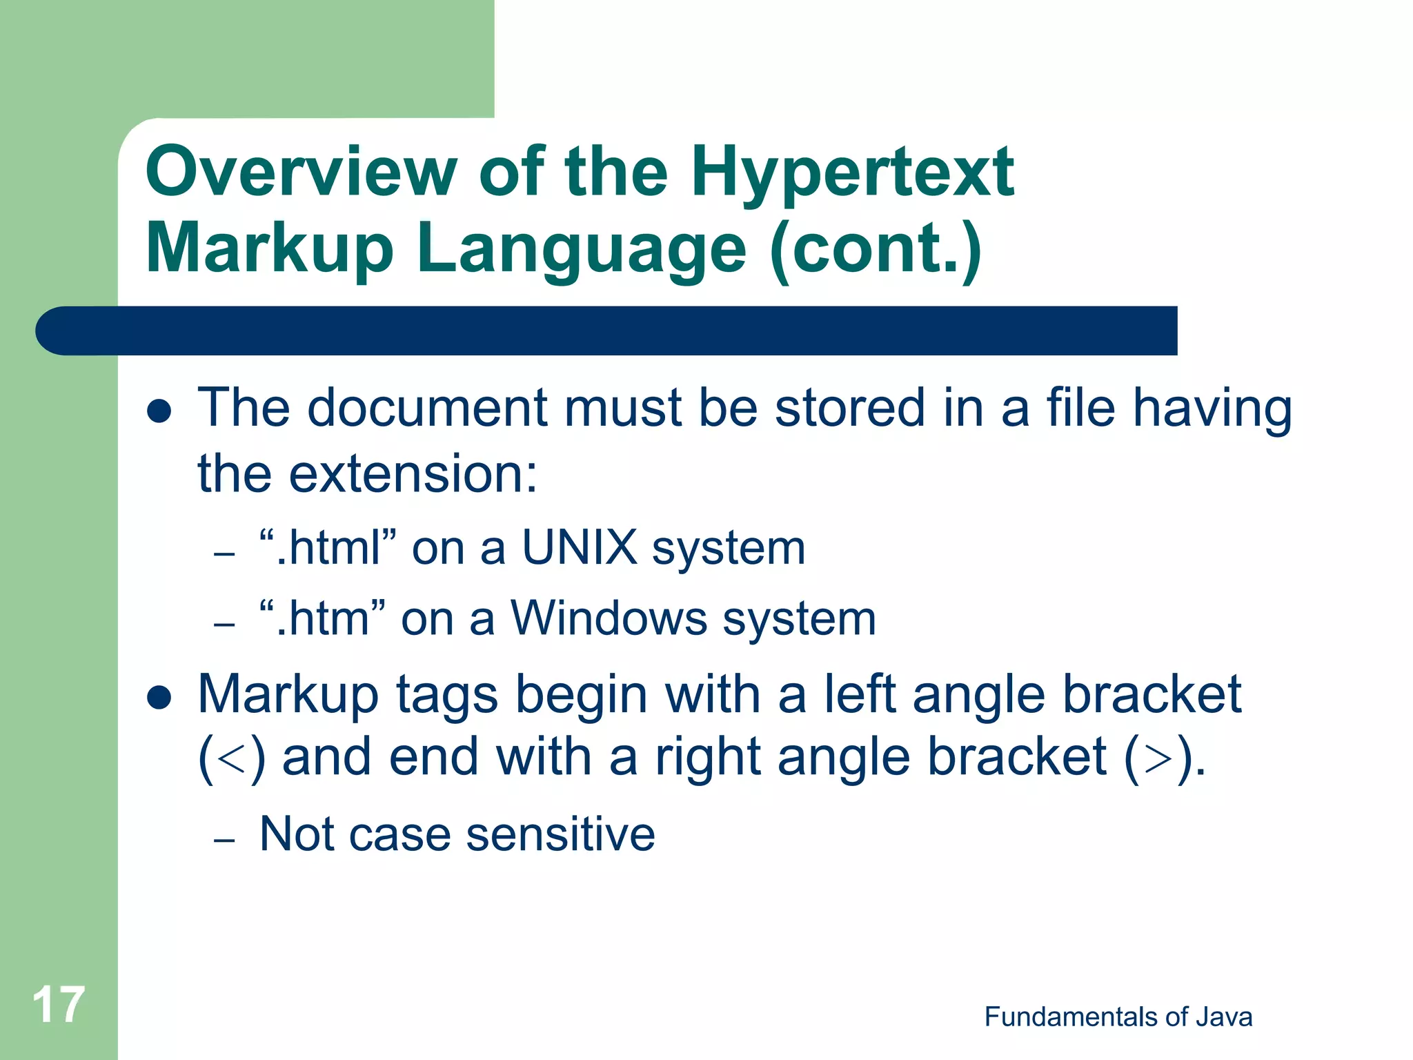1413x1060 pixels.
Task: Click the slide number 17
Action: (x=59, y=1005)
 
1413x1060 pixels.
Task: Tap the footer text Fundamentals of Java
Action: (x=1118, y=1017)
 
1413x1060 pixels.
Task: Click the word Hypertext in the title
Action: (x=852, y=173)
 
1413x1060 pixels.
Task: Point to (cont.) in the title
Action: (x=876, y=248)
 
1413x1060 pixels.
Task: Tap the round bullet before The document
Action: (x=159, y=411)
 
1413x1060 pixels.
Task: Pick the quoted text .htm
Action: (x=322, y=618)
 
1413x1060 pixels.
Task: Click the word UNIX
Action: (x=580, y=548)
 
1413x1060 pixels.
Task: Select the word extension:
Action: (x=413, y=475)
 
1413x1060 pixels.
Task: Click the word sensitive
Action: (x=560, y=835)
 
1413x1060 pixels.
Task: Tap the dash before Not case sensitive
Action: (x=225, y=840)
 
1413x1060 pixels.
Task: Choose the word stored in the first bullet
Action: (x=849, y=409)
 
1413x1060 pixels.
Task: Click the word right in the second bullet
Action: (x=708, y=758)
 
